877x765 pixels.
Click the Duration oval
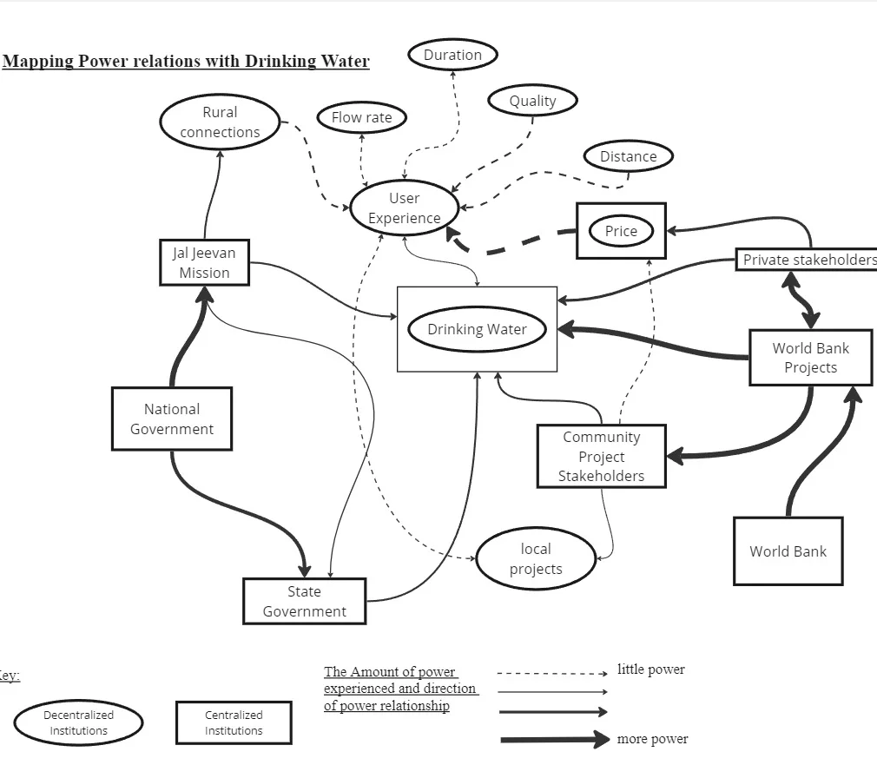452,55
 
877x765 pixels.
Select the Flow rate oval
361,117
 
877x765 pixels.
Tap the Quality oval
532,101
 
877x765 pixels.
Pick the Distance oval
628,156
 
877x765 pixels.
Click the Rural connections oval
220,122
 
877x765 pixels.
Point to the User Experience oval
404,208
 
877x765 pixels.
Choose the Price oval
621,231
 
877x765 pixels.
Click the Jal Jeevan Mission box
205,262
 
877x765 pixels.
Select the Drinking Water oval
477,329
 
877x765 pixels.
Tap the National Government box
172,419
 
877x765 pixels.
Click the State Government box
304,601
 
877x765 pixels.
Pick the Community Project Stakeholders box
601,457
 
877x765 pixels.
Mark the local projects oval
536,559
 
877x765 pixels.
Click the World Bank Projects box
810,358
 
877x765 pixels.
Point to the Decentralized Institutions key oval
78,722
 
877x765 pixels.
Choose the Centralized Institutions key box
234,722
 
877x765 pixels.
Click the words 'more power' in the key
652,739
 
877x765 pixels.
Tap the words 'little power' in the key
650,669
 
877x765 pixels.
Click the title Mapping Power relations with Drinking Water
186,62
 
